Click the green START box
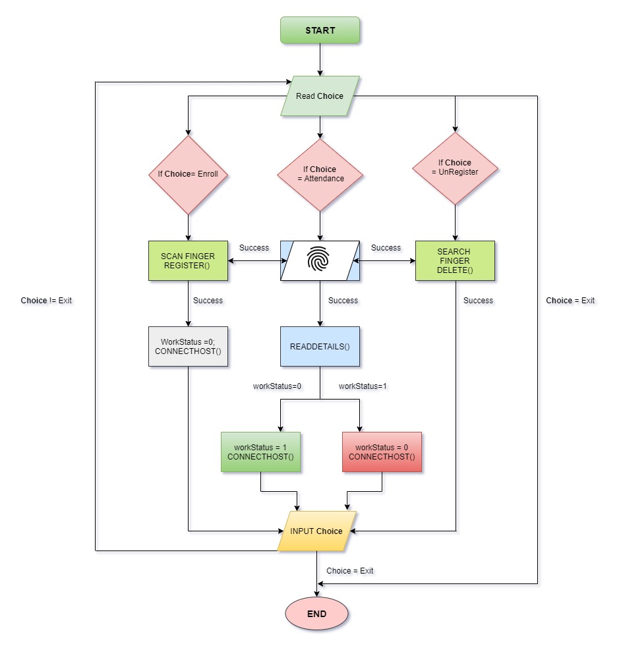tap(320, 30)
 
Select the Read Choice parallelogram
tap(320, 96)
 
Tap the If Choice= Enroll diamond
tap(188, 175)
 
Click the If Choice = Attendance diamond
tap(320, 174)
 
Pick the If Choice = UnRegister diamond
tap(454, 167)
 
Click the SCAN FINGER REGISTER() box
tap(188, 260)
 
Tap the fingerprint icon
tap(320, 261)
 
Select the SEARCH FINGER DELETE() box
tap(454, 260)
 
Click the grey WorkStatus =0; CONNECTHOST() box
tap(188, 347)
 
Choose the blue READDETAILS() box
tap(320, 346)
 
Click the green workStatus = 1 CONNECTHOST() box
tap(260, 452)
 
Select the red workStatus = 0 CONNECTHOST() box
tap(382, 452)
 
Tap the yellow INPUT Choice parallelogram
tap(317, 531)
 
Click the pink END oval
tap(316, 614)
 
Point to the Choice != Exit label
tap(46, 301)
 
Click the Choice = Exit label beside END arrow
tap(349, 571)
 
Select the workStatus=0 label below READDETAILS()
tap(277, 386)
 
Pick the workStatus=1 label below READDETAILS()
tap(363, 386)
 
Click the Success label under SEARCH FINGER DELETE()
tap(478, 301)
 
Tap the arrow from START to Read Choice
tap(320, 59)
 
